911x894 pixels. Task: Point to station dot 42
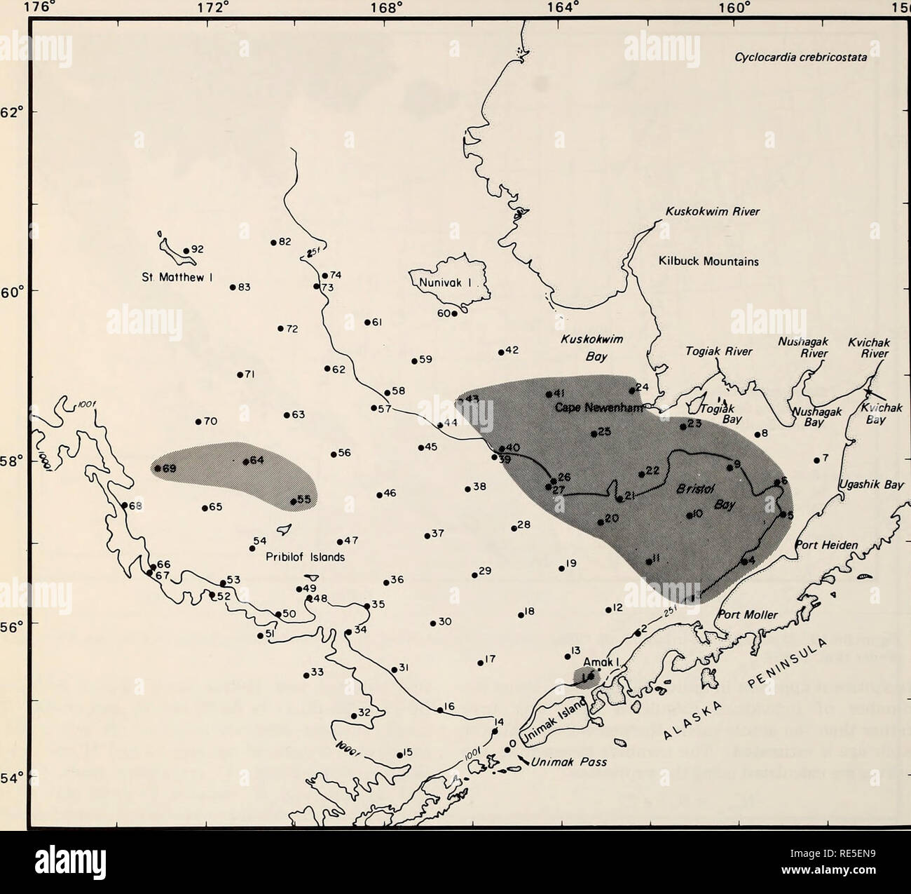[x=501, y=353]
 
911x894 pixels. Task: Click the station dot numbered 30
[x=432, y=623]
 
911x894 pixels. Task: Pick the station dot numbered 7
[x=817, y=461]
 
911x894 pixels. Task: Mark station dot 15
[x=399, y=755]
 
